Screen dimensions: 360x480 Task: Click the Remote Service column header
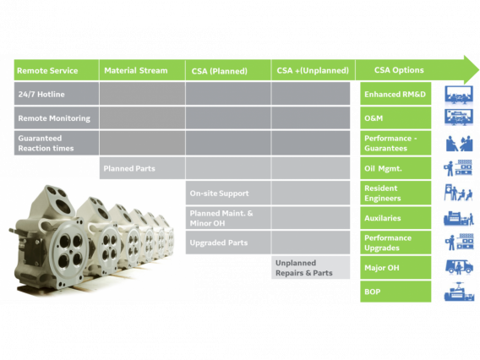click(47, 70)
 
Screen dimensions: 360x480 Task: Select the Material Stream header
click(135, 70)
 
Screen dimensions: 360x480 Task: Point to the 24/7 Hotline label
click(41, 94)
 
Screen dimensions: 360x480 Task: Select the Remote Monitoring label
click(54, 118)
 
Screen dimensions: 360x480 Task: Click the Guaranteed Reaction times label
click(46, 143)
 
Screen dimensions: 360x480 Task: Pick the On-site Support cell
click(220, 194)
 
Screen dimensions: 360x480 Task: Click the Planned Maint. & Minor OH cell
click(221, 218)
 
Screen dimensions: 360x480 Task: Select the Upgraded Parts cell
click(219, 243)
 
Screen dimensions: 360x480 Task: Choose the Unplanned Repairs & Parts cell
click(304, 268)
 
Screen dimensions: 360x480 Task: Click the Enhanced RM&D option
click(395, 94)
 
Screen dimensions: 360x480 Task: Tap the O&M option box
click(395, 118)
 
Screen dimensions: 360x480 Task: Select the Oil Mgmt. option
click(395, 168)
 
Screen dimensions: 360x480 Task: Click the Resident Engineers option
click(395, 194)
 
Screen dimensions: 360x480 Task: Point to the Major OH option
click(395, 268)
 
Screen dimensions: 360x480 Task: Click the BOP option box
click(395, 292)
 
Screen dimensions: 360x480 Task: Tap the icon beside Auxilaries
click(459, 218)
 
